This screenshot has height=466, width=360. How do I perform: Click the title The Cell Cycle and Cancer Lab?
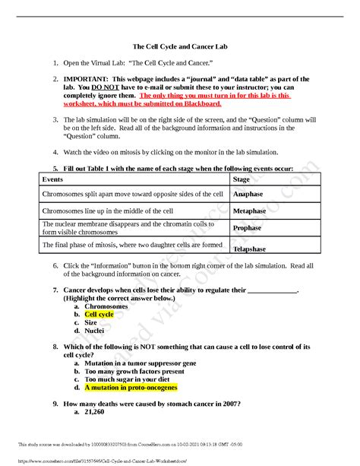pyautogui.click(x=180, y=45)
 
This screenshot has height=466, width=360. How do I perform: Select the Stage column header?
pyautogui.click(x=241, y=179)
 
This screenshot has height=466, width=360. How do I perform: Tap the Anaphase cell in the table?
pyautogui.click(x=248, y=195)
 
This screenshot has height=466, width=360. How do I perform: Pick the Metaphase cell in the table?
pyautogui.click(x=249, y=211)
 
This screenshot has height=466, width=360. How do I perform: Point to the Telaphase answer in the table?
pyautogui.click(x=250, y=249)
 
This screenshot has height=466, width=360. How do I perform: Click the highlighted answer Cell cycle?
pyautogui.click(x=99, y=314)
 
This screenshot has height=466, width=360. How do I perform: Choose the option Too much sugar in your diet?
pyautogui.click(x=128, y=379)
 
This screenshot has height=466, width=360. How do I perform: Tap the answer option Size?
pyautogui.click(x=91, y=322)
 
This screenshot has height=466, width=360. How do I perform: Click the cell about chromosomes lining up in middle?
pyautogui.click(x=108, y=211)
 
